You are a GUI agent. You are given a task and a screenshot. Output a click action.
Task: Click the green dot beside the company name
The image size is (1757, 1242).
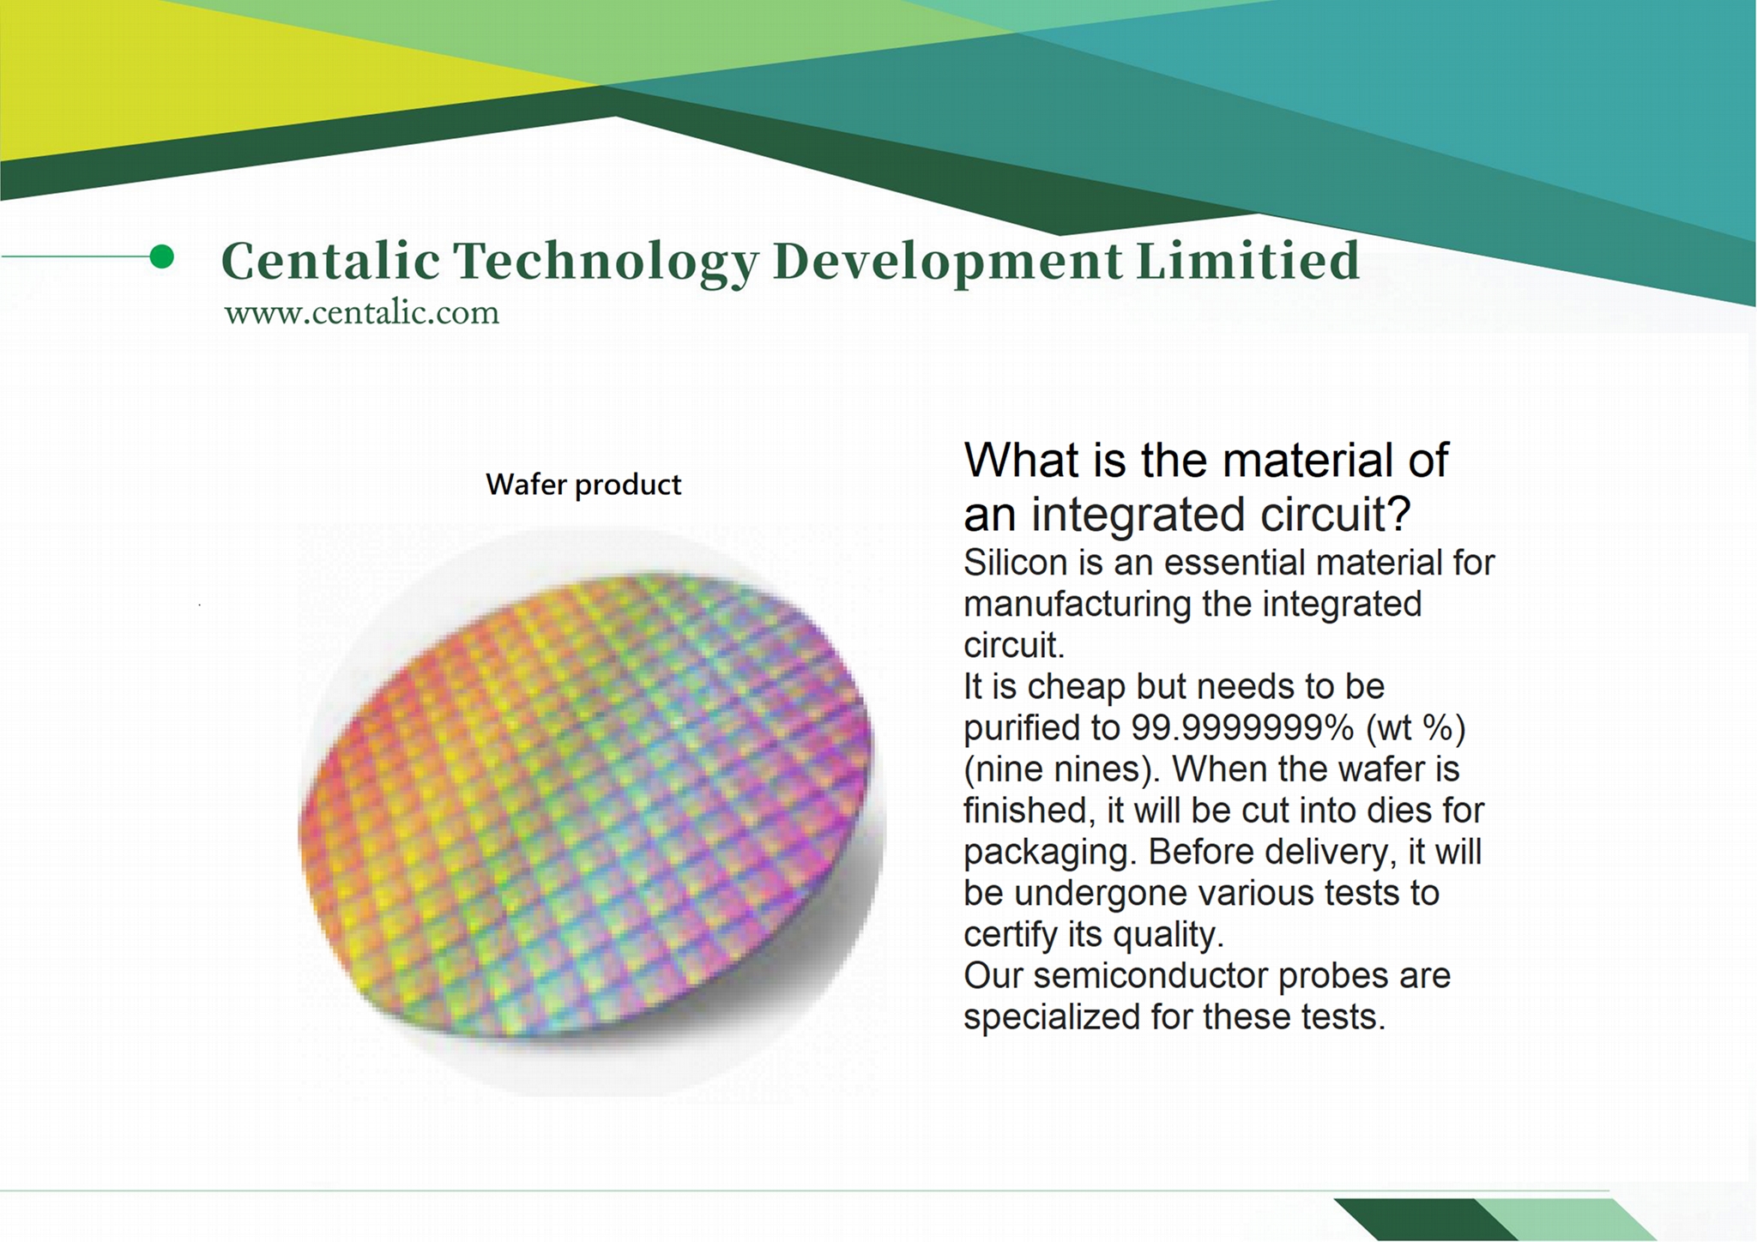pos(161,256)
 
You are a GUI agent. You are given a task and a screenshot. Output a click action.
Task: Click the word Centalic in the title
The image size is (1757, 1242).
pos(330,260)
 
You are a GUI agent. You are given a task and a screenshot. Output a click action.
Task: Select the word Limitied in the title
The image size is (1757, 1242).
pos(1249,260)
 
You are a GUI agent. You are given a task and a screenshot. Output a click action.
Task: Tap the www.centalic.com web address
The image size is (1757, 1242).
pos(361,312)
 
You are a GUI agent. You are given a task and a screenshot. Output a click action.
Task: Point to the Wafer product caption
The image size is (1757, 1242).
pos(583,485)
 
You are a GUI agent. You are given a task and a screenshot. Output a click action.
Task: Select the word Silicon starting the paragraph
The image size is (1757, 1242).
pos(1014,563)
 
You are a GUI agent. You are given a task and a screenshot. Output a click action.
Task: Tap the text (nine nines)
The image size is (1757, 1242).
pos(1063,769)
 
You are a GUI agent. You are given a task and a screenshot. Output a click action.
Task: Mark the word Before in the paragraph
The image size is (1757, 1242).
pos(1199,852)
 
